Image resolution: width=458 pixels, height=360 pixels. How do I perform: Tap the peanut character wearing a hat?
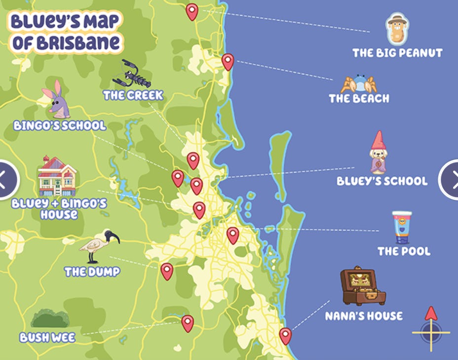(x=397, y=29)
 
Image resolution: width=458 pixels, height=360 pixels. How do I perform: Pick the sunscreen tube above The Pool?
(x=402, y=227)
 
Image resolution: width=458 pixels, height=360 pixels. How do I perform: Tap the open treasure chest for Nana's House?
(x=362, y=287)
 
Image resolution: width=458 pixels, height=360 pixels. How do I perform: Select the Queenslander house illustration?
(x=57, y=176)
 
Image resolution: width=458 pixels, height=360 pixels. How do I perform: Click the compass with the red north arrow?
(x=431, y=329)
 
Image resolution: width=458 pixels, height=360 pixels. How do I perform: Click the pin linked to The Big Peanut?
(x=192, y=11)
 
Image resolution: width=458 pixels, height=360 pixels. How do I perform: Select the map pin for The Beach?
(x=228, y=62)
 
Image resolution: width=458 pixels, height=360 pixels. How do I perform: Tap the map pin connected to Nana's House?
(x=285, y=336)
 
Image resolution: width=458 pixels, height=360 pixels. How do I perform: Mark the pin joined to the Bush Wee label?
(x=188, y=323)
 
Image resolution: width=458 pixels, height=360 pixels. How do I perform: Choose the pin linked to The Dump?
(x=167, y=271)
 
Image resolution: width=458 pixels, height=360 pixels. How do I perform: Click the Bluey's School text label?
(x=382, y=181)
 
